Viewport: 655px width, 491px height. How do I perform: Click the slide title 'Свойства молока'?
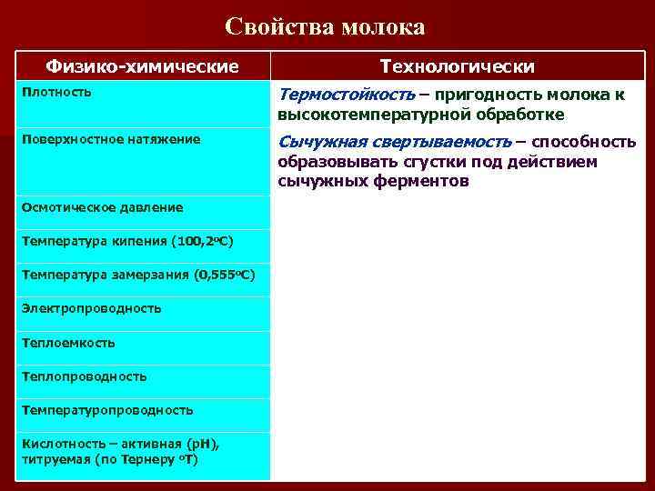pyautogui.click(x=326, y=26)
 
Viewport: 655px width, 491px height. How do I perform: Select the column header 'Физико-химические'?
pyautogui.click(x=143, y=66)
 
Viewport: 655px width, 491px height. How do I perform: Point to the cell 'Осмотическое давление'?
pyautogui.click(x=102, y=207)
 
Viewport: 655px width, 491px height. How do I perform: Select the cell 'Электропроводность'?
pyautogui.click(x=91, y=308)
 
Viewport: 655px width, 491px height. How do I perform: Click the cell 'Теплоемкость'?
pyautogui.click(x=68, y=343)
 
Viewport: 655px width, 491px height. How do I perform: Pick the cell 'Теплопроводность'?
pyautogui.click(x=84, y=376)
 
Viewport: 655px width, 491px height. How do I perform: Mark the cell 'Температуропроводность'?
pyautogui.click(x=107, y=410)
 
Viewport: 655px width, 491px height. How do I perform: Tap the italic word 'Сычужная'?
pyautogui.click(x=320, y=142)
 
